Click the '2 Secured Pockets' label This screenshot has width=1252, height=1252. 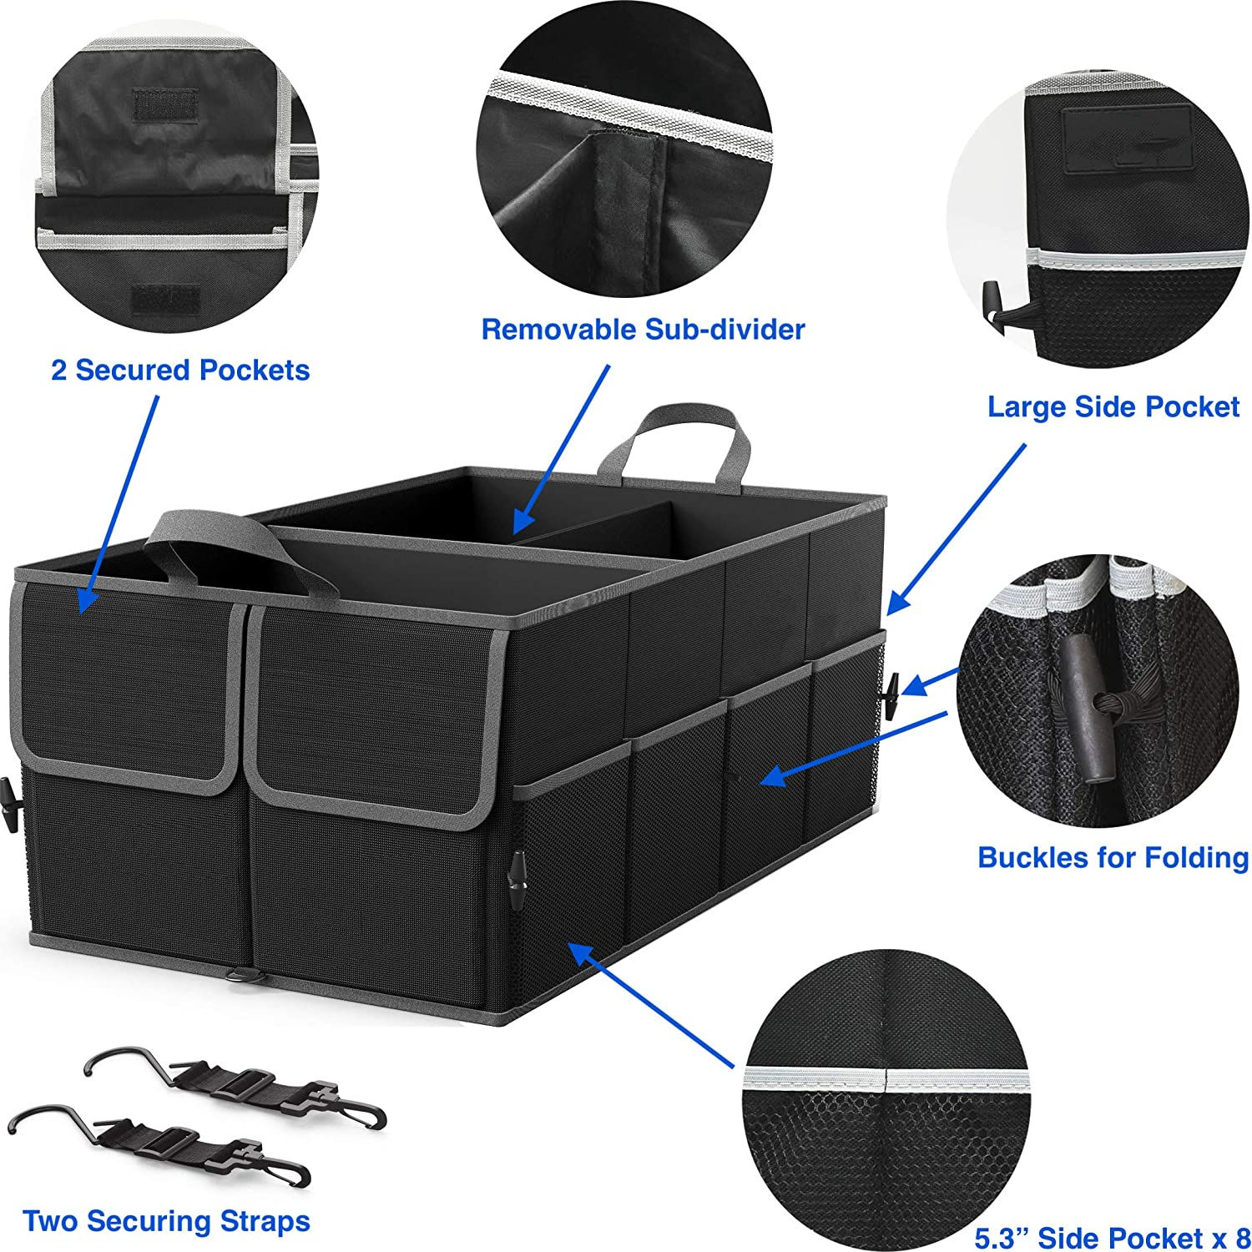(180, 370)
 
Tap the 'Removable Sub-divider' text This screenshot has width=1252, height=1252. (643, 329)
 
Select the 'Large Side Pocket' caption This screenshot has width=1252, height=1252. (1113, 406)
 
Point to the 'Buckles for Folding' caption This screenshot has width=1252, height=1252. (1113, 857)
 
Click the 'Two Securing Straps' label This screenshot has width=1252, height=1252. (167, 1221)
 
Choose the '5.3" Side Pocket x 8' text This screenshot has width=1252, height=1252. (1112, 1236)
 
